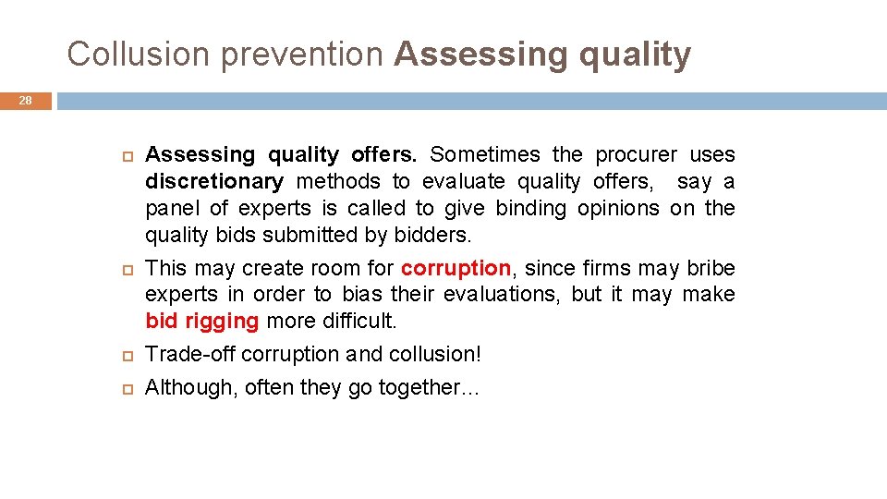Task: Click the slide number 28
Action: coord(26,101)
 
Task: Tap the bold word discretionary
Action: coord(214,182)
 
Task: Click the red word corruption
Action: coord(456,269)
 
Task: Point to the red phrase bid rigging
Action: coord(202,322)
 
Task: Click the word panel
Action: coord(173,209)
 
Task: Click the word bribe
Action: coord(711,269)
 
